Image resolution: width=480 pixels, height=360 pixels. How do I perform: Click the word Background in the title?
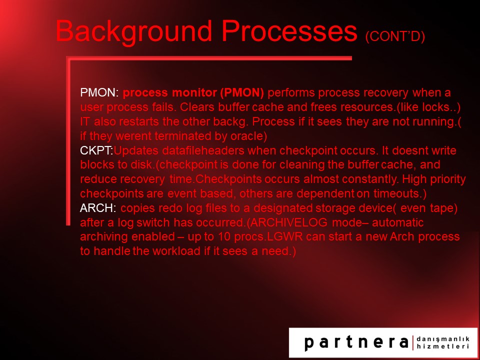(x=134, y=31)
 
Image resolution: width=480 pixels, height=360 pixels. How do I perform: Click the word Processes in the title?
(x=289, y=31)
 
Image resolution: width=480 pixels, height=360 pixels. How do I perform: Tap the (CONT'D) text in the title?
(x=395, y=36)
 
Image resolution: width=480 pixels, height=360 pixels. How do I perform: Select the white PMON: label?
(x=99, y=92)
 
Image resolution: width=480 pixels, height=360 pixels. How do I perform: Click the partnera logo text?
(x=356, y=342)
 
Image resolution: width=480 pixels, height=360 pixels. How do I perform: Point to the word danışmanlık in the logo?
(x=442, y=338)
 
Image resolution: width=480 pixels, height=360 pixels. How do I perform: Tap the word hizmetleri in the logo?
(x=442, y=346)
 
